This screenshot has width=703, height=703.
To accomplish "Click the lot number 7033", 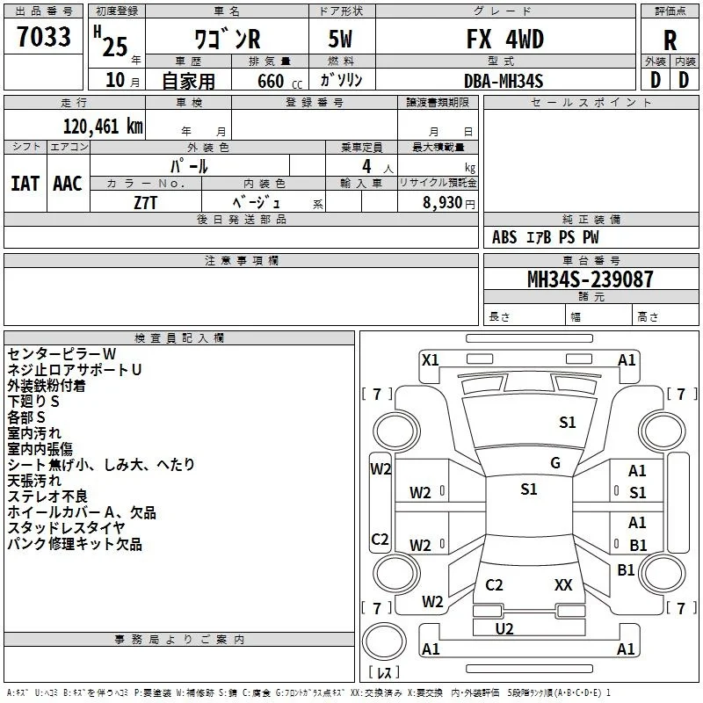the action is coord(44,36).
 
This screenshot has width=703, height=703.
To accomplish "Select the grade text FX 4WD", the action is coord(505,39).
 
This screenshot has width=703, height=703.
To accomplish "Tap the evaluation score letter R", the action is coord(670,40).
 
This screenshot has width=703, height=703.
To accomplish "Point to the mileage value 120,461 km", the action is coord(103,127).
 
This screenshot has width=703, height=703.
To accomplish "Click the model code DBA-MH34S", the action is coord(504,81).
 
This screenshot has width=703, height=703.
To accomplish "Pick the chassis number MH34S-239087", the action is coord(590,279).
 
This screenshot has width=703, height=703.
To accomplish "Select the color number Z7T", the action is coord(145,203).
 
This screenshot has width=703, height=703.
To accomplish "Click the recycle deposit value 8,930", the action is coord(442,203).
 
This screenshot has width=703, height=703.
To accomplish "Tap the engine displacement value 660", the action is coord(271,81).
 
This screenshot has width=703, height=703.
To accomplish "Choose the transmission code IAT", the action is coord(25,184).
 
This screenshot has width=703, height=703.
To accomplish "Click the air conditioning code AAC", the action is coord(68,184).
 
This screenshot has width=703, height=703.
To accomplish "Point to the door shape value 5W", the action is coord(340,39).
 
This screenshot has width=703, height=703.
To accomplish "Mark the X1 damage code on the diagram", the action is coord(431,360).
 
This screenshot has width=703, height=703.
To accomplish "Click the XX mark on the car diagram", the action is coord(563,584).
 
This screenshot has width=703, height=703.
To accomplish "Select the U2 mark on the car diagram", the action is coord(504,629).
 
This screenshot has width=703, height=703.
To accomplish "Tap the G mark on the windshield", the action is coord(555,463).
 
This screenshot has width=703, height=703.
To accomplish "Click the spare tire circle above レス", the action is coord(384,641).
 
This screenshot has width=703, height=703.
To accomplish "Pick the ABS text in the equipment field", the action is coord(504,237).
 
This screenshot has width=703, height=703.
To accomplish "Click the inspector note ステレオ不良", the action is coord(47,496).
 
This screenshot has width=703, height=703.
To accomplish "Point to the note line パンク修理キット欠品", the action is coord(75,544).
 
